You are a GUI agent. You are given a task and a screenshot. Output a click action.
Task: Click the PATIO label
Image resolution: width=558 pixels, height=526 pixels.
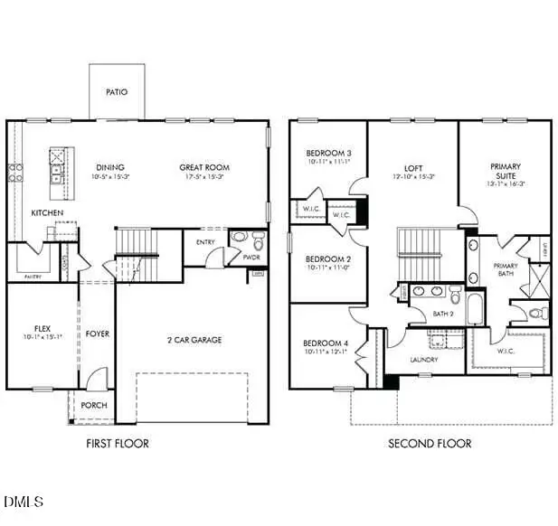coord(116,92)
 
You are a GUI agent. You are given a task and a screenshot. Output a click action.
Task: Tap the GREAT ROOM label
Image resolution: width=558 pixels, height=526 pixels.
coord(204,167)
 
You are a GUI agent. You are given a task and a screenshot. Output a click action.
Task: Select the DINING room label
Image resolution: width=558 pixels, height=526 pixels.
coord(111,167)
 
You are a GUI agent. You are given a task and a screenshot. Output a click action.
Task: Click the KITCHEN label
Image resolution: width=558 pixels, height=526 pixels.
coord(47,212)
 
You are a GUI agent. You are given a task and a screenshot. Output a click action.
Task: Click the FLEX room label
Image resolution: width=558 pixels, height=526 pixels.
coord(43,328)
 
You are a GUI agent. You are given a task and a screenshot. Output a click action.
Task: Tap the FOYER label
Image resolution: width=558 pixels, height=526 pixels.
coord(97,334)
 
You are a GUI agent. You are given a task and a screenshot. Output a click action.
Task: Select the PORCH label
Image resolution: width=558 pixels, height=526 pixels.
coord(94,406)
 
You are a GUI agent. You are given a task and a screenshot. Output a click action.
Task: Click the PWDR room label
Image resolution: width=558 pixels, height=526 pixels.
coord(251,257)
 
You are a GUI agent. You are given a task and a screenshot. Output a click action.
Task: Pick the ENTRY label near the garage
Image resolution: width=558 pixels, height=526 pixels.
coord(205,241)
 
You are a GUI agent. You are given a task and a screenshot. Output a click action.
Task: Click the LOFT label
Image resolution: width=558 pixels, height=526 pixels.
coord(413,168)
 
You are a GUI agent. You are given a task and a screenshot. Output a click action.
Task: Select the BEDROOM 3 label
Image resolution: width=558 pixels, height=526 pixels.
coord(327,154)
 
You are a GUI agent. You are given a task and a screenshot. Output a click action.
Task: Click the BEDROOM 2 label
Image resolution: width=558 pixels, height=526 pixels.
coord(327,258)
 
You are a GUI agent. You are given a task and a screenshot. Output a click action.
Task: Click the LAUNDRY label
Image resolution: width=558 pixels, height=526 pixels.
coord(423,360)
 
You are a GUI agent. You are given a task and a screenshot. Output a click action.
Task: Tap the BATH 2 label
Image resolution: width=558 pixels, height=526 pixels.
coord(443,314)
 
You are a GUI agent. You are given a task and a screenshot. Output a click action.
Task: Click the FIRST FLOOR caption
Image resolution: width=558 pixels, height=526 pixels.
coord(118,443)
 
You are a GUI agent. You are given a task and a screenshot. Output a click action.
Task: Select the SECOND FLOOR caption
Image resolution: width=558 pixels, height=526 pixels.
coord(430,443)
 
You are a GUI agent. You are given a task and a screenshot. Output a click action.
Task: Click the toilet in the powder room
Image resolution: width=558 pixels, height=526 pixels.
coord(258,240)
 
